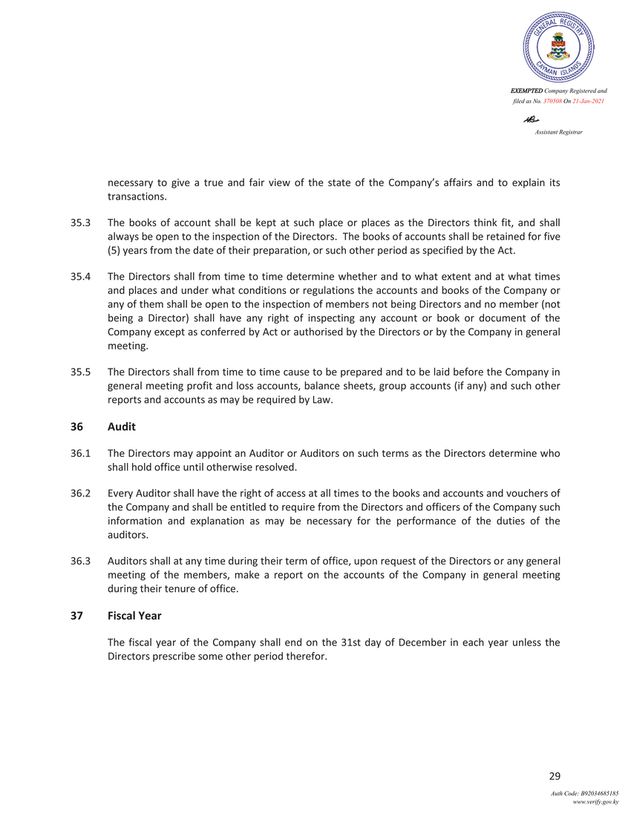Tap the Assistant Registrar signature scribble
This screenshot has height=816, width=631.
point(531,118)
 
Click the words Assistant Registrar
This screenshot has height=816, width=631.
point(558,131)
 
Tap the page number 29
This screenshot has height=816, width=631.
point(554,777)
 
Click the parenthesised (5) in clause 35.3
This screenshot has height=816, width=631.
point(114,249)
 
